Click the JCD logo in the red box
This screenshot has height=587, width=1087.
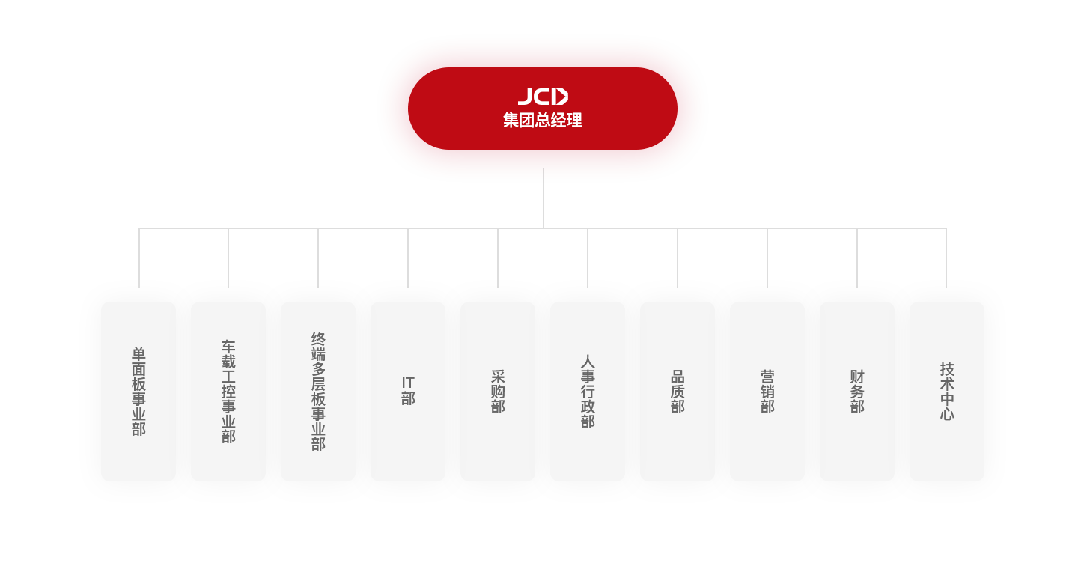[543, 97]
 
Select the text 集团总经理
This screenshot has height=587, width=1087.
[543, 121]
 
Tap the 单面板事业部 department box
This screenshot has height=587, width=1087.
[138, 392]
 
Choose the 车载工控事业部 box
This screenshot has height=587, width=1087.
[228, 392]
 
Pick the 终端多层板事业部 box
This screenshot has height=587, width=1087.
[318, 392]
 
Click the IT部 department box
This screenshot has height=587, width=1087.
[408, 392]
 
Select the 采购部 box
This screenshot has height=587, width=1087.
[498, 392]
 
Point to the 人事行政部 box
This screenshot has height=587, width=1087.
[588, 392]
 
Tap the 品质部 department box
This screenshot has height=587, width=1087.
[678, 392]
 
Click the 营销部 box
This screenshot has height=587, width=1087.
[767, 392]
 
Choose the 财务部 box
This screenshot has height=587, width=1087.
[857, 392]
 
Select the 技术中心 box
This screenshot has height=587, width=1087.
[947, 392]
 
